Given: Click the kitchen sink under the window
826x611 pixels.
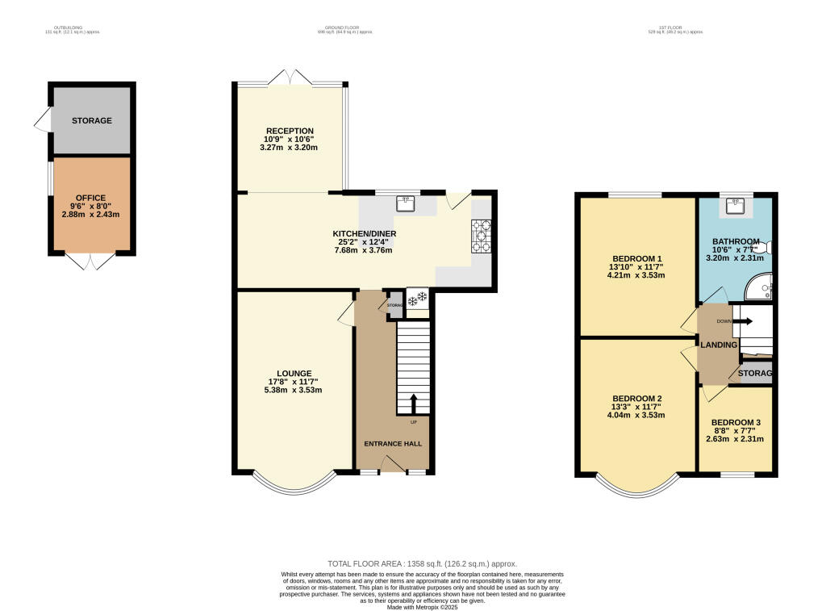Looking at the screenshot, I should coord(406,203).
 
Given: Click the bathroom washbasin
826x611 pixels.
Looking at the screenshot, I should coord(735,207).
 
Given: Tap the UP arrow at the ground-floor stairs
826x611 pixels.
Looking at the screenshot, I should coord(415,402).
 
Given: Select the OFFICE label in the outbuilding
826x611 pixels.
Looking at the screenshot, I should coord(91,198).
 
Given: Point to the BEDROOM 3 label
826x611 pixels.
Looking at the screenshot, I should coord(735,423).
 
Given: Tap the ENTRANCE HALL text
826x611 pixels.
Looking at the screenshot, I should coord(393,444).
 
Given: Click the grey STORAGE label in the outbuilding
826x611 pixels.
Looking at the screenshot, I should coord(91,121).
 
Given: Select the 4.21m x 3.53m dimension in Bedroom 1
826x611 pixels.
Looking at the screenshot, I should coord(635,274).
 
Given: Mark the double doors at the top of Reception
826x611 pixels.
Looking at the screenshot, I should coord(290,77).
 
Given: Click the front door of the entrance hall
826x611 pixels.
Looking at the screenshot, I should coord(393,464).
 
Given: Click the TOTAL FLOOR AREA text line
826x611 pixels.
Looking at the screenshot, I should coord(422,563).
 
